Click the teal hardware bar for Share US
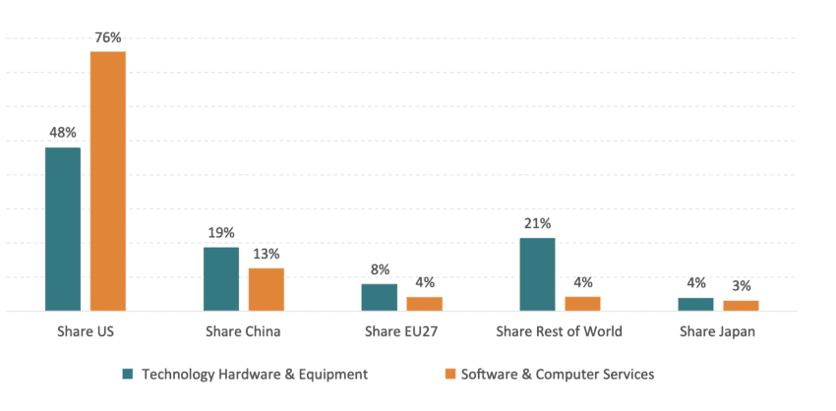point(63,229)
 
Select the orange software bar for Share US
point(108,181)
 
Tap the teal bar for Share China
point(221,279)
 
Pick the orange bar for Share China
point(267,289)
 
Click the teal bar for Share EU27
point(380,297)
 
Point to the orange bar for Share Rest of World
point(582,303)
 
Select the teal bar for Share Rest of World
point(537,274)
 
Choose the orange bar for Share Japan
point(741,306)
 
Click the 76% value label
point(108,38)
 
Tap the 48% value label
point(62,133)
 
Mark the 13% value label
point(266,254)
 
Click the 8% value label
point(380,269)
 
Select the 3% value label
point(741,286)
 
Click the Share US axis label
point(86,331)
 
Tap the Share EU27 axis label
point(401,331)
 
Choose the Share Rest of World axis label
point(560,331)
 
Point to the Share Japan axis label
point(718,331)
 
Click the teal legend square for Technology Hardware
point(127,375)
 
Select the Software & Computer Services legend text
point(557,374)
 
